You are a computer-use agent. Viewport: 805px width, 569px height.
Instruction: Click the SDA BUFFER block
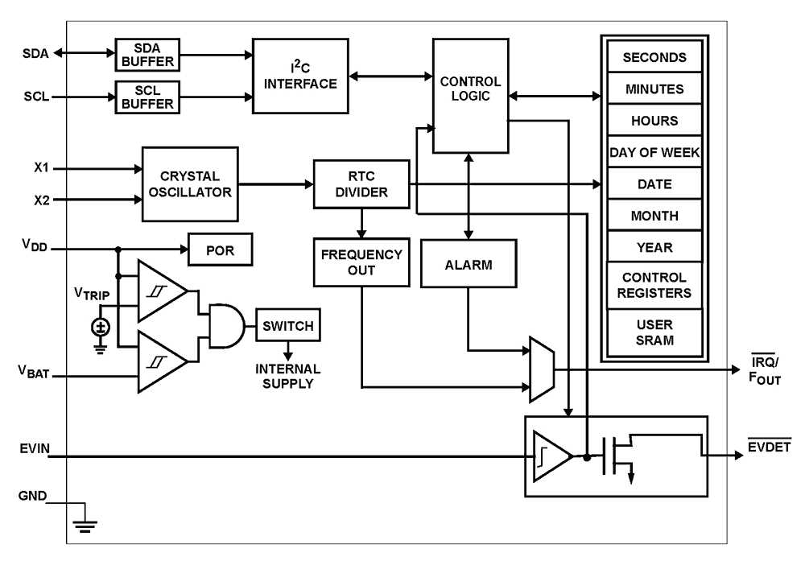pos(147,54)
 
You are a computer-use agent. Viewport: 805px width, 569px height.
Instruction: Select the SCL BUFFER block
pos(147,97)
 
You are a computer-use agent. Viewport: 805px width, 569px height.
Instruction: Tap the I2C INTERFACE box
pos(300,76)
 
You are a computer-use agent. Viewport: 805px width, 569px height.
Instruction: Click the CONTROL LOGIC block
pos(470,95)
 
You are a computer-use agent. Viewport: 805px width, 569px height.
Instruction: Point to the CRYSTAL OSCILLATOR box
pos(190,184)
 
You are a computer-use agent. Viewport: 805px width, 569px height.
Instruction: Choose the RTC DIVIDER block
pos(361,184)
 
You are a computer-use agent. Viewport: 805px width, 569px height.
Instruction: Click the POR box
pos(220,250)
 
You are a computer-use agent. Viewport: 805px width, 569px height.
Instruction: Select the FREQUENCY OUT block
pos(361,262)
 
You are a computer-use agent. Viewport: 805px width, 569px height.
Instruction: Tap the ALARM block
pos(469,264)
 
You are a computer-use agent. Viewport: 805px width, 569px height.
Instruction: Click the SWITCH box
pos(287,326)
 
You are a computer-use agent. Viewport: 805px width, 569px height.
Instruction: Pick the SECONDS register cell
pos(654,58)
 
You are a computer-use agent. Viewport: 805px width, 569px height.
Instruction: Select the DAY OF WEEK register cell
pos(654,152)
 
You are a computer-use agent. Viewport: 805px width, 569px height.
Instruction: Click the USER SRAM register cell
pos(654,332)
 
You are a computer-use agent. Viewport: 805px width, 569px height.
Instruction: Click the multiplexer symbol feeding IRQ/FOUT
pos(541,369)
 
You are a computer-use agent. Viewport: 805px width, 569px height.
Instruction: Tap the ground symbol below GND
pos(85,526)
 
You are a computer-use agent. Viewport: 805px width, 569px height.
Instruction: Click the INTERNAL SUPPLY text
pos(287,376)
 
